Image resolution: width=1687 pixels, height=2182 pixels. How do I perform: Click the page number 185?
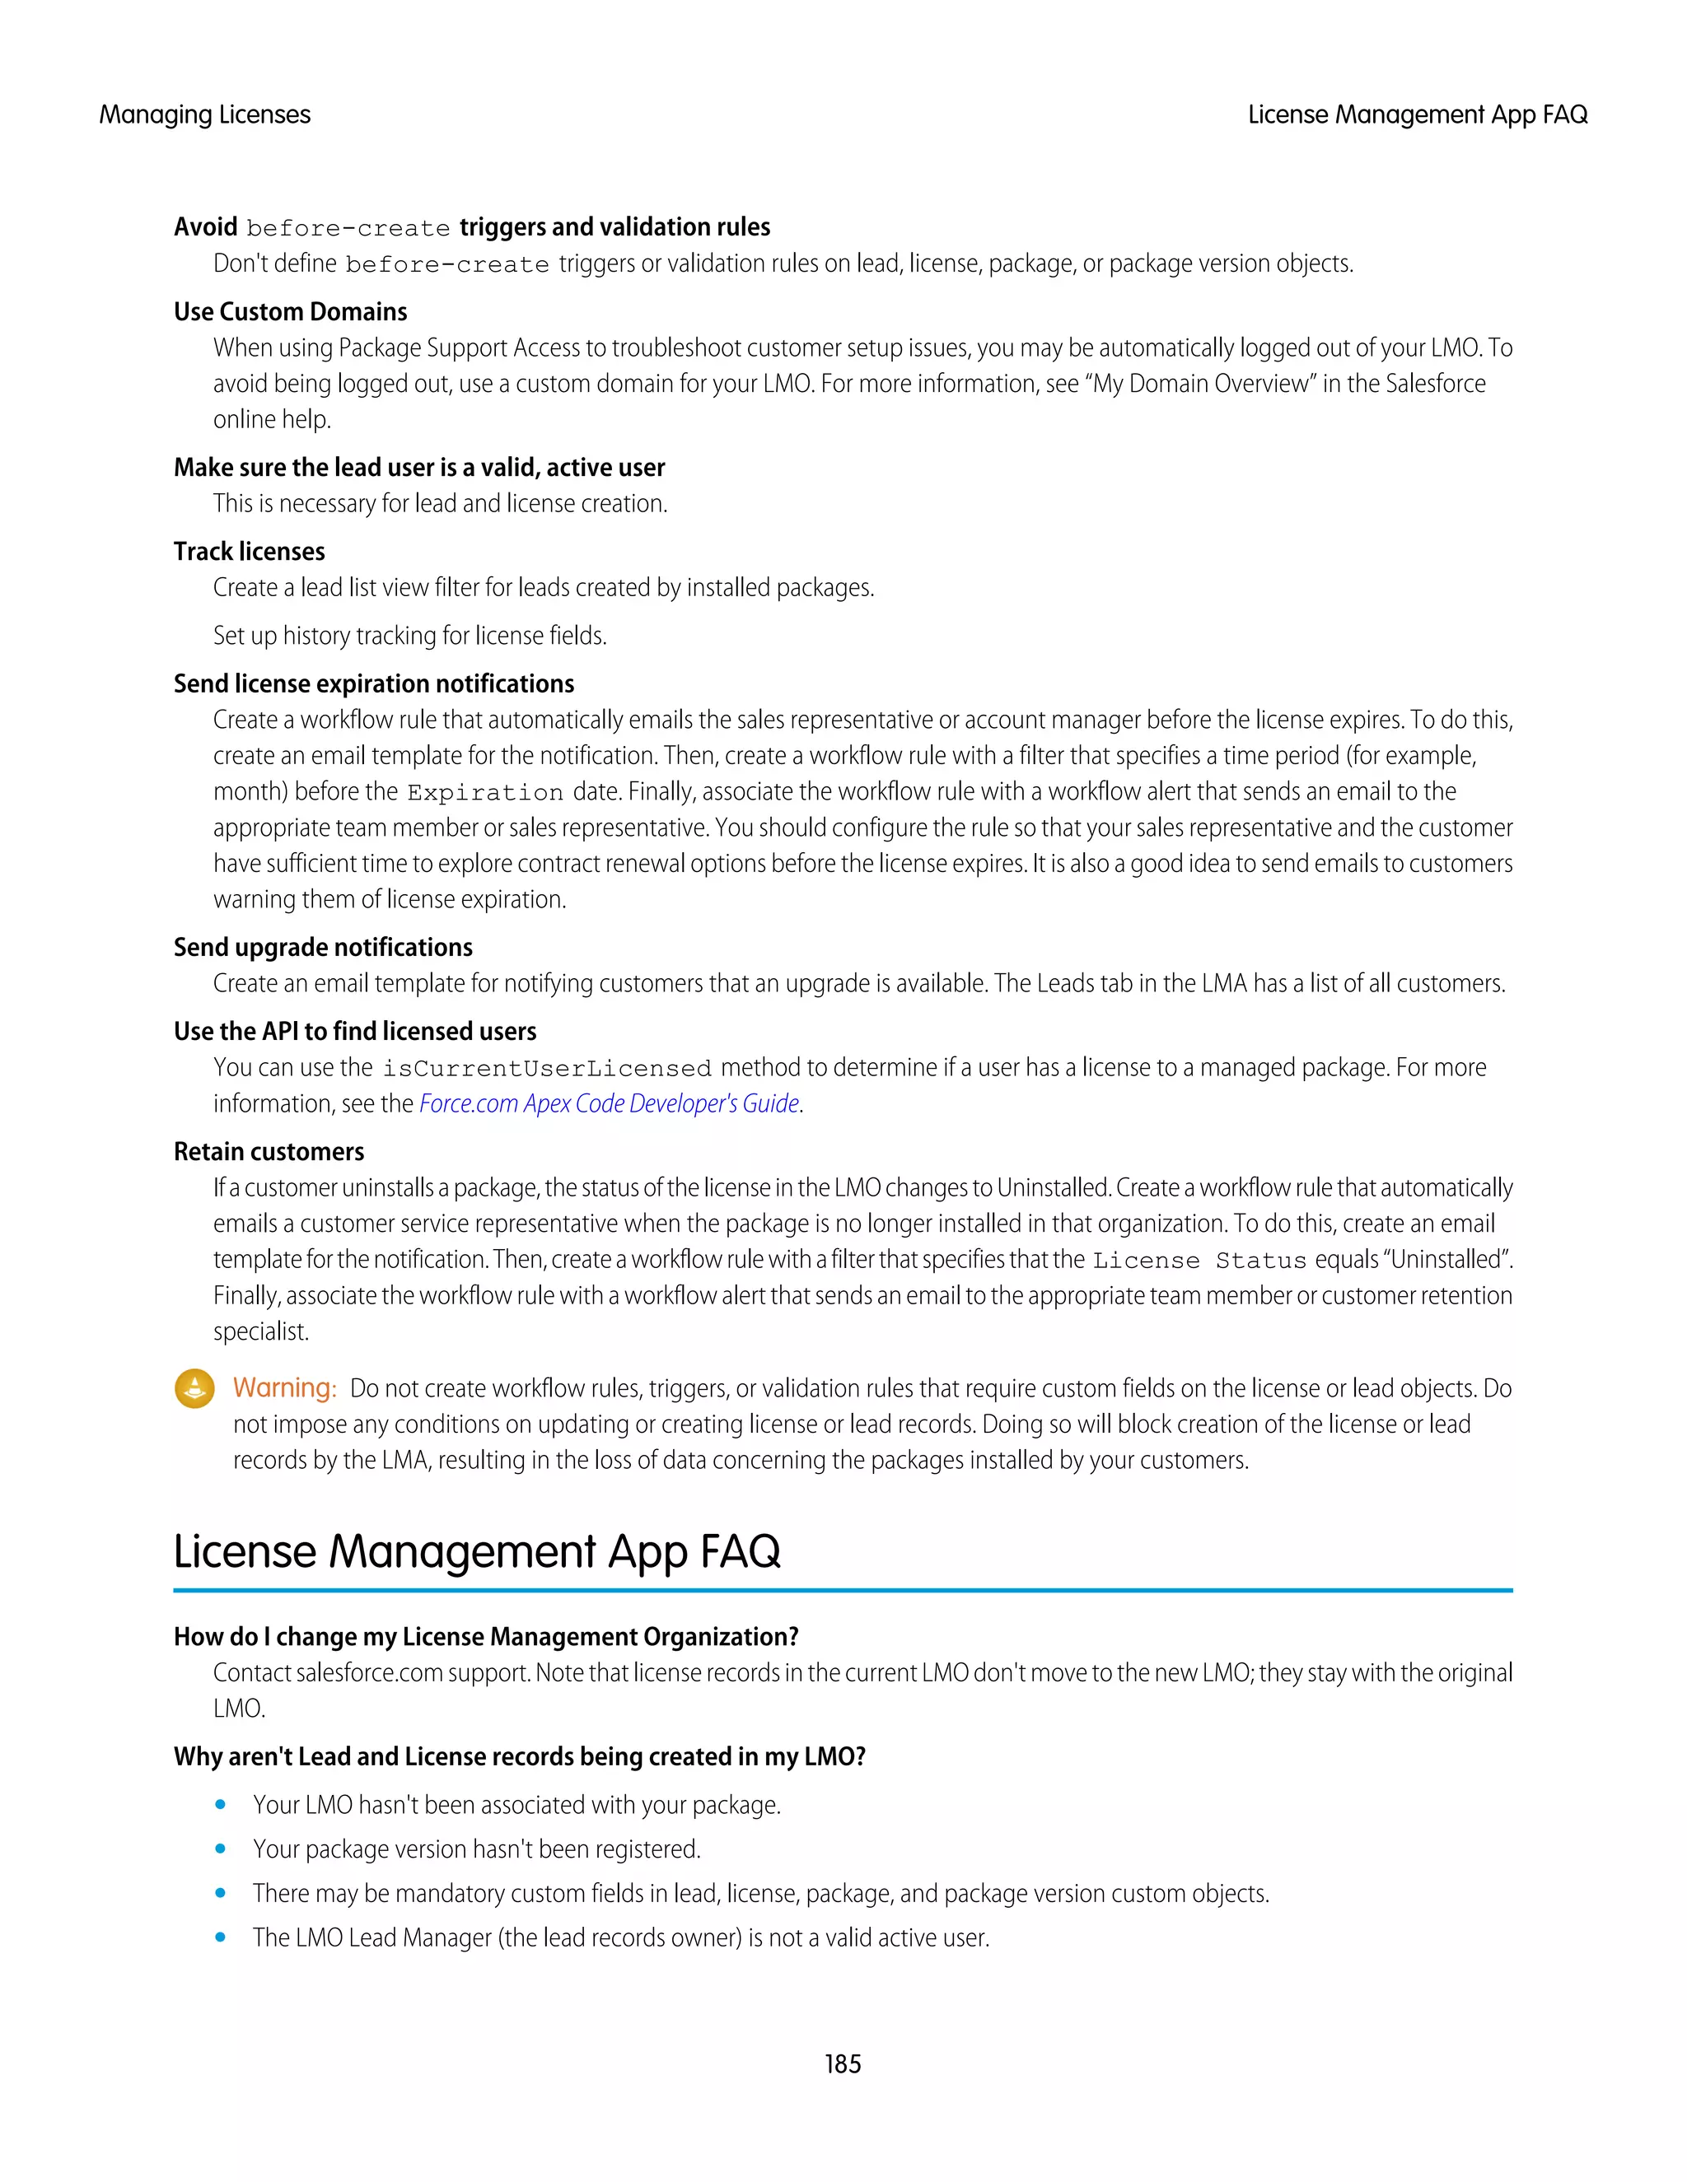point(843,2063)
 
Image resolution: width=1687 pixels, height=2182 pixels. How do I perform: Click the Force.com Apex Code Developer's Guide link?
point(609,1103)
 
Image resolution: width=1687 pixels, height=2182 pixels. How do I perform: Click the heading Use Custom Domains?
point(290,312)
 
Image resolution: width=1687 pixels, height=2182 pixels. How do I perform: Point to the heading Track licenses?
point(249,552)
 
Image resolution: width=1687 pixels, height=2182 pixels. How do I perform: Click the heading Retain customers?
point(269,1151)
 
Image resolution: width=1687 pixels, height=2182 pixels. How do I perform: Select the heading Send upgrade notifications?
point(323,947)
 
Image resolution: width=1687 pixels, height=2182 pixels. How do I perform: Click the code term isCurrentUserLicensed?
point(547,1068)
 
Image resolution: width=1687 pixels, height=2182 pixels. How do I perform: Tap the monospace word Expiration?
point(484,792)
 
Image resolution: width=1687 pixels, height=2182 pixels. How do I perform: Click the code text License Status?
point(1199,1260)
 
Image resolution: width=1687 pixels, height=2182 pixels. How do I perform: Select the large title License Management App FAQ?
point(477,1551)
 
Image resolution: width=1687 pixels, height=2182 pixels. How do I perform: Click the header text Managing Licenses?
point(205,115)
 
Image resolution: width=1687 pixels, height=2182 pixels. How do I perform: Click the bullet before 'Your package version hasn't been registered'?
point(221,1849)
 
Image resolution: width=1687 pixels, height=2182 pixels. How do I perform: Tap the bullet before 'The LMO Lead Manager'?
point(221,1937)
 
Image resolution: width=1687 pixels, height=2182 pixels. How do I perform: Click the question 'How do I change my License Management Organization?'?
point(486,1637)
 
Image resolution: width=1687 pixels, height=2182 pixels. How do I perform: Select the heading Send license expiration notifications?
point(374,683)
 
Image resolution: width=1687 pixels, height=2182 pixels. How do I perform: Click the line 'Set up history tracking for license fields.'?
point(409,636)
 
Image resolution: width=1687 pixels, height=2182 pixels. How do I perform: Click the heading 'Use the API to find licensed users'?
point(355,1031)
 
